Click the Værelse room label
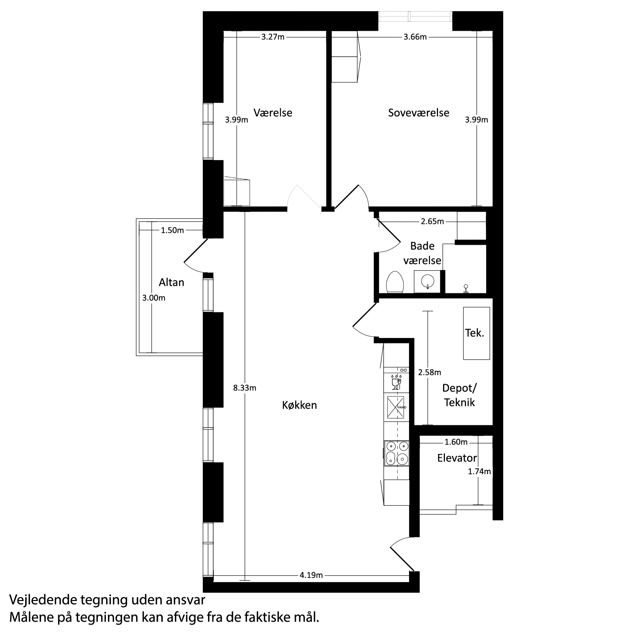coord(273,113)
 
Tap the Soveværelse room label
coord(418,113)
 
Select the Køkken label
coord(299,405)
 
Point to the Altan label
coord(171,282)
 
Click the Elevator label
coord(457,458)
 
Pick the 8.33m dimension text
coord(245,388)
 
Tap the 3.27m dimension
coord(273,37)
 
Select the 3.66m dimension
coord(415,37)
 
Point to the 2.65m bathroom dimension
coord(432,221)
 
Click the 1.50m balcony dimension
coord(172,230)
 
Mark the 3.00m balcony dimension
coord(154,298)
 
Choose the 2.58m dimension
coord(430,372)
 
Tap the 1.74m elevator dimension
coord(479,471)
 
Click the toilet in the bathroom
coord(395,282)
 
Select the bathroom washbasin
coord(427,281)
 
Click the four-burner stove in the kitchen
coord(397,453)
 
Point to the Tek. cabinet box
coord(476,333)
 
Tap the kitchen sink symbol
coord(396,407)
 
